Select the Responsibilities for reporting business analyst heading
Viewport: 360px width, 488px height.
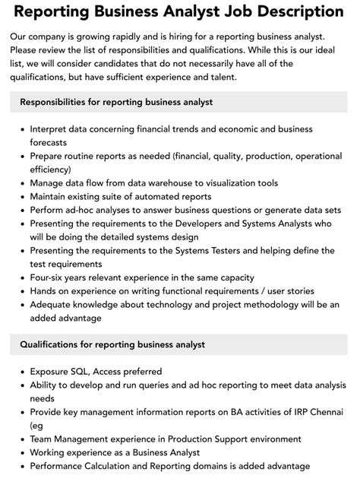pos(116,102)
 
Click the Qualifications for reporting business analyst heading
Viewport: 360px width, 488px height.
pos(112,344)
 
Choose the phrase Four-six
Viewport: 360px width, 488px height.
pos(50,277)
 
